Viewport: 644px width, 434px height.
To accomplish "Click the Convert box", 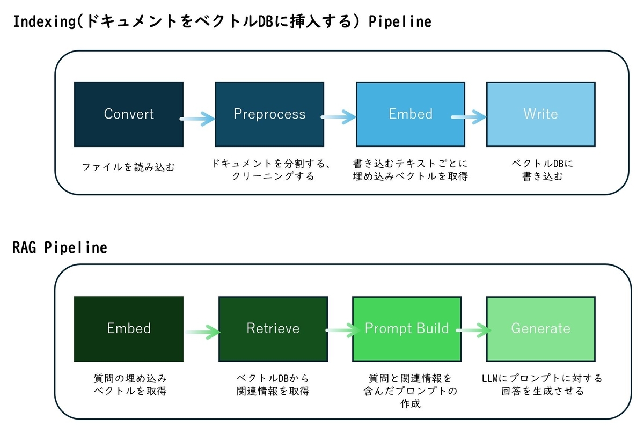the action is tap(129, 114).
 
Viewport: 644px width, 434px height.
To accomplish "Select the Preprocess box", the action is tap(269, 114).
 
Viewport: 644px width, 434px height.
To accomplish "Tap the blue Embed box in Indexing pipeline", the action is tap(411, 114).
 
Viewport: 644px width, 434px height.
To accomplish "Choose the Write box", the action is tap(541, 114).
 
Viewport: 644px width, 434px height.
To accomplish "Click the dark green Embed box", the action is tap(129, 329).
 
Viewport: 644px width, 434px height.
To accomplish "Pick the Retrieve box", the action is tap(273, 329).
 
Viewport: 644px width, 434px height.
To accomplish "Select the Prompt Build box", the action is tap(407, 329).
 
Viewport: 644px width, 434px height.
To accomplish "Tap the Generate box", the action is tap(541, 329).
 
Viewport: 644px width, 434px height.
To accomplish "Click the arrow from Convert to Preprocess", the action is tap(197, 119).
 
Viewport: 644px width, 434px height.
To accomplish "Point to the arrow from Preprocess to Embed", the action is tap(339, 117).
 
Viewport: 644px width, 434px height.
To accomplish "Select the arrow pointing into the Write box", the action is tap(469, 117).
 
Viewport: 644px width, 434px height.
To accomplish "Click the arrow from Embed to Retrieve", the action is tap(202, 332).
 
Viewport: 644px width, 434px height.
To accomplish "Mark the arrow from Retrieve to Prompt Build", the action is tap(342, 330).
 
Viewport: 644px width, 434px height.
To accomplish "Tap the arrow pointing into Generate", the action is tap(473, 330).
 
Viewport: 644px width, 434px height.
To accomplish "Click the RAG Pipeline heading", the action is tap(60, 247).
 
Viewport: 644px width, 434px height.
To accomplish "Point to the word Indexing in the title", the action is tap(44, 22).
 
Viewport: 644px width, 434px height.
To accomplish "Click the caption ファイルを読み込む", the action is tap(128, 167).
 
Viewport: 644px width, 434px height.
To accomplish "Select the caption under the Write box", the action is tap(542, 170).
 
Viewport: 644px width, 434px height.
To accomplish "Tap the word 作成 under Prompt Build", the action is tap(411, 403).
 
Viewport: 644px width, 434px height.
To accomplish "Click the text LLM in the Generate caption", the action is tap(490, 378).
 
